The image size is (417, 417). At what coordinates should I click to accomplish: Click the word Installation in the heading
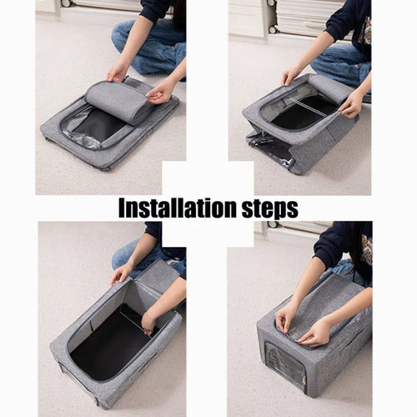[x=171, y=208]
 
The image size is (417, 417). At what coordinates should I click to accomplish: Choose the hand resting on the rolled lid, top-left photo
[x=159, y=89]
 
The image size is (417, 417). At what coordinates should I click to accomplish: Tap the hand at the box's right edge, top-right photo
[x=351, y=103]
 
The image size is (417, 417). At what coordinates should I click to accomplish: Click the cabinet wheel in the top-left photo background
[x=66, y=3]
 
